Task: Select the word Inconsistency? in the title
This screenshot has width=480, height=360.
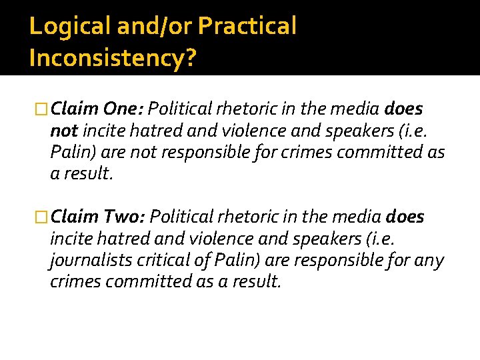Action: [x=113, y=58]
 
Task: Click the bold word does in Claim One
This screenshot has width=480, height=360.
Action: [x=404, y=109]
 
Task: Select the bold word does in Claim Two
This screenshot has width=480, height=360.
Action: [x=405, y=217]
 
